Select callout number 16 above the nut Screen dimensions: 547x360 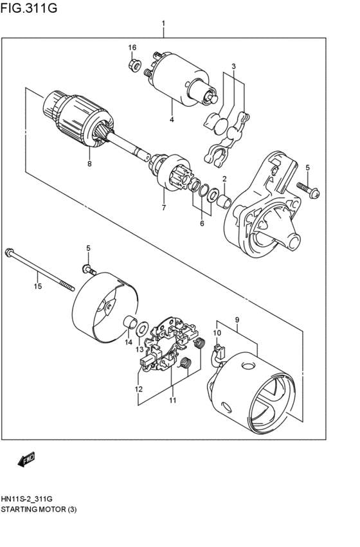[x=132, y=48]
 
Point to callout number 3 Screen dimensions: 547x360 [x=234, y=66]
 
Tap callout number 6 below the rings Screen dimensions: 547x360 [x=201, y=224]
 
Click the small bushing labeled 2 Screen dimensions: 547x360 [x=224, y=202]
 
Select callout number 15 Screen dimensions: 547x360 [x=38, y=286]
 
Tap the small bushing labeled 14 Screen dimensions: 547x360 [x=129, y=321]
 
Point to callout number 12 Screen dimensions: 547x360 [x=138, y=389]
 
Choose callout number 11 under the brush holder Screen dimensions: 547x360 [x=172, y=400]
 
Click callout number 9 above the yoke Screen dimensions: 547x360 [x=237, y=319]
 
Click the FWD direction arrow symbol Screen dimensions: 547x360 [x=26, y=459]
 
